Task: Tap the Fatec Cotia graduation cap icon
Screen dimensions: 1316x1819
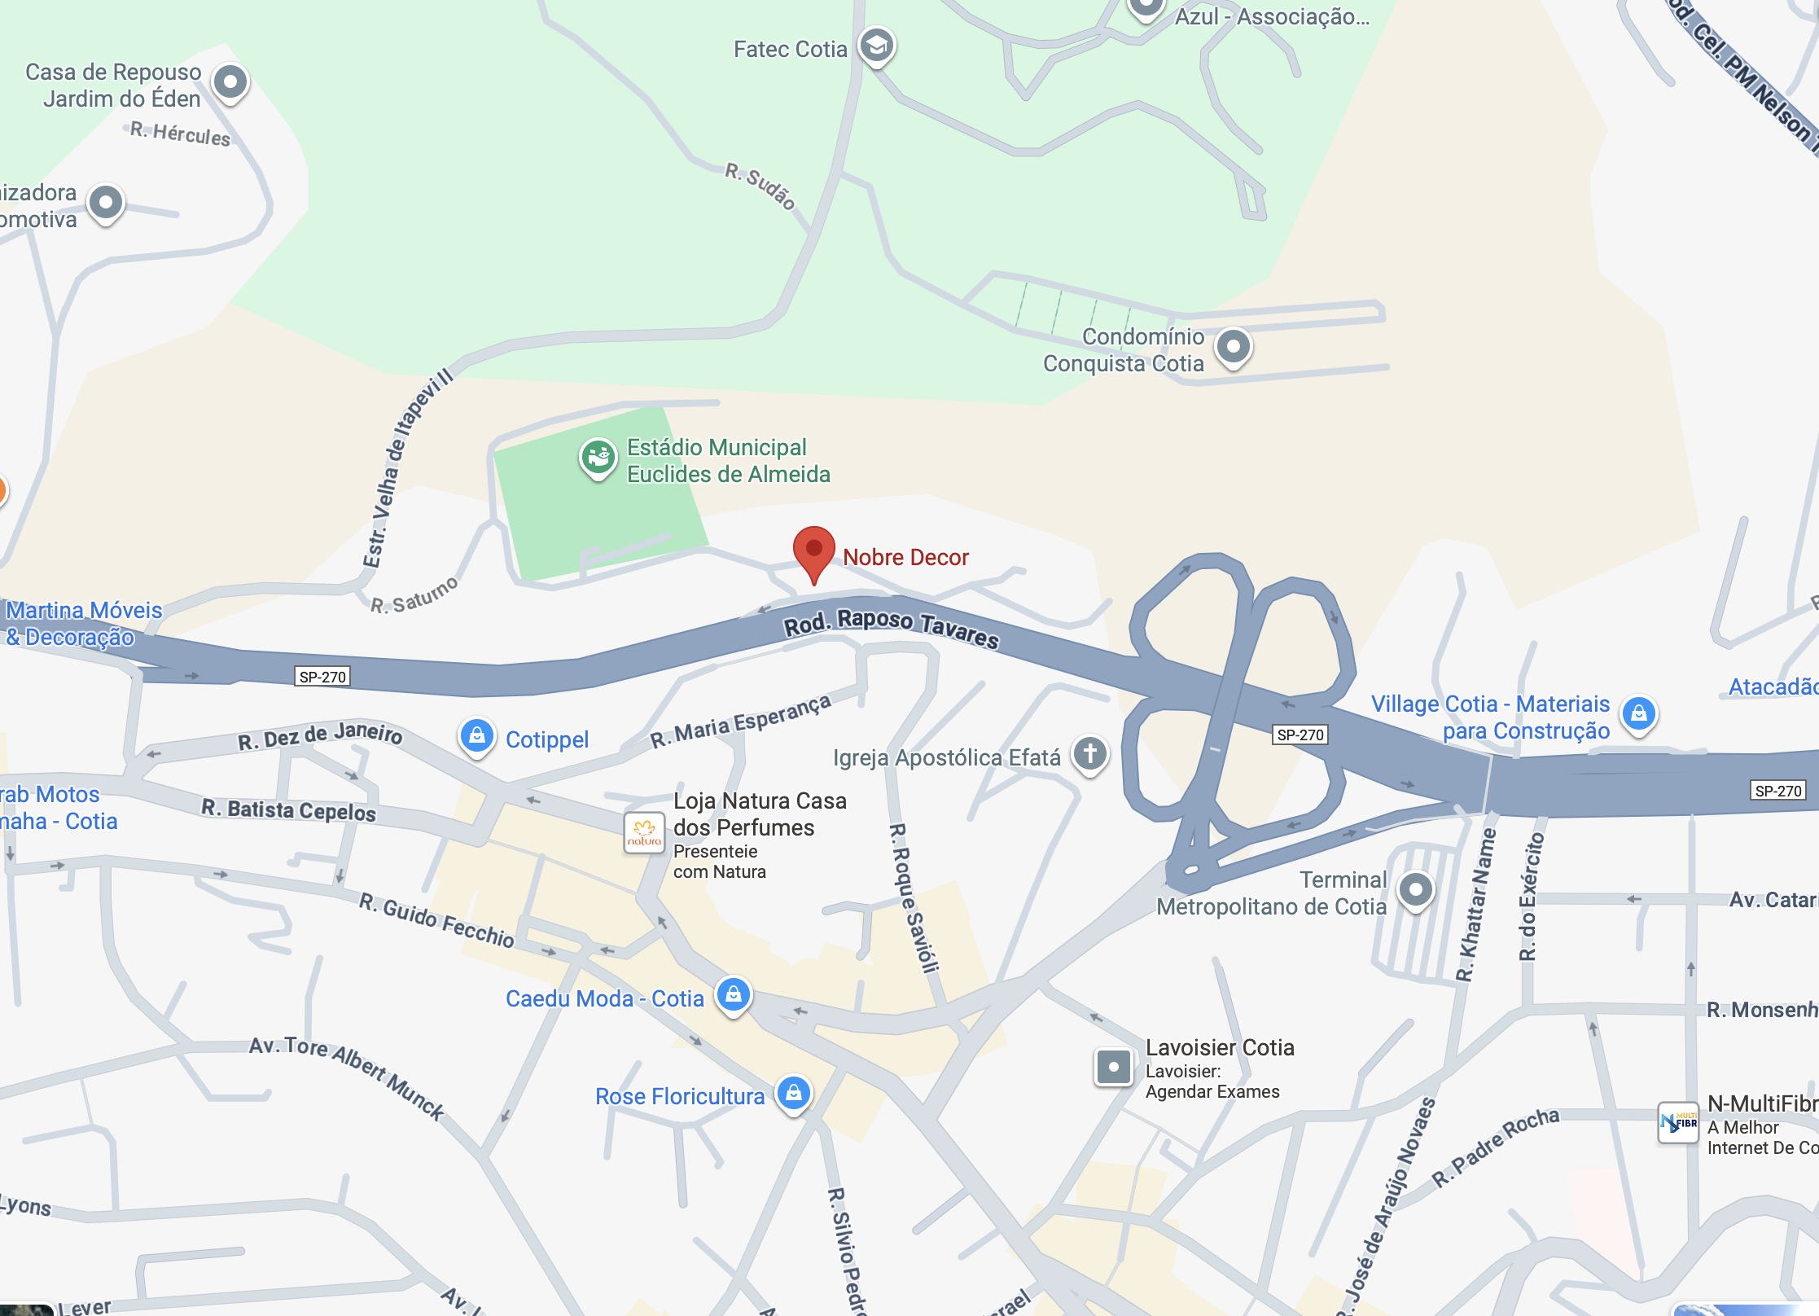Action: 876,46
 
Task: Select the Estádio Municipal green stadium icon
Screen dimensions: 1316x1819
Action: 598,457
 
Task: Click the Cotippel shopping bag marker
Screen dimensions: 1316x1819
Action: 477,736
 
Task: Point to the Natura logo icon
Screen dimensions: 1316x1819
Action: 644,832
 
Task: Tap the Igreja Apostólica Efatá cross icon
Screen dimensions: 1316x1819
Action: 1090,753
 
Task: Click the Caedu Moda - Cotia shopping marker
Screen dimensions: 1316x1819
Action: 734,994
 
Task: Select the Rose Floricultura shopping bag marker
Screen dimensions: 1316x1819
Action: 794,1093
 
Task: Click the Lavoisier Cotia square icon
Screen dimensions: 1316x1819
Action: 1113,1066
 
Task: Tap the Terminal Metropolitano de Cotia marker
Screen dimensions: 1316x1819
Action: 1416,889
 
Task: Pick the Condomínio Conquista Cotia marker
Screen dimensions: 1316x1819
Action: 1234,347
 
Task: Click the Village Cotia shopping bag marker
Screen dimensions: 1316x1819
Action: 1639,714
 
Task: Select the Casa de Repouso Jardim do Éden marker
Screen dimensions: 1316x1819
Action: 230,82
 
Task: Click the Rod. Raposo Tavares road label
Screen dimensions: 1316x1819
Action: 891,627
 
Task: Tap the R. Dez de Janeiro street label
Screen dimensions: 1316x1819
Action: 320,735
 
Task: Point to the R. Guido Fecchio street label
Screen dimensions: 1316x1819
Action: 436,920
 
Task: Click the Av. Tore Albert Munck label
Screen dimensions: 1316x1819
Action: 347,1077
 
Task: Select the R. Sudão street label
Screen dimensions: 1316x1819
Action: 760,186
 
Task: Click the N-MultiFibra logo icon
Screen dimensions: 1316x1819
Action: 1678,1123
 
